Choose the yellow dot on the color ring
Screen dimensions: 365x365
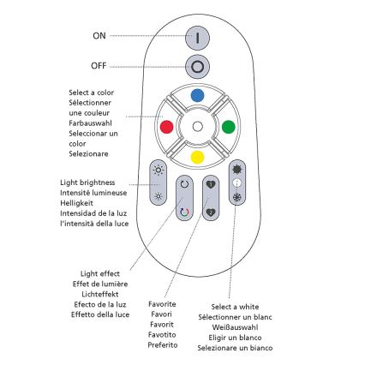coord(197,158)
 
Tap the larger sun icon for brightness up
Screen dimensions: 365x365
coord(157,171)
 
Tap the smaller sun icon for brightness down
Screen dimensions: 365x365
coord(157,196)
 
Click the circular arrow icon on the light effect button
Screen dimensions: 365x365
coord(183,184)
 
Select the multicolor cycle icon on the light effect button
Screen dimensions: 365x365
coord(183,211)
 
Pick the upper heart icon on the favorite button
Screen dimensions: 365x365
coord(211,184)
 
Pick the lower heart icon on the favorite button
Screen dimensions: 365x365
coord(211,211)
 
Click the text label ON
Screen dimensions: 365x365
coord(100,36)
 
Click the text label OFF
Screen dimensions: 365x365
coord(99,65)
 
